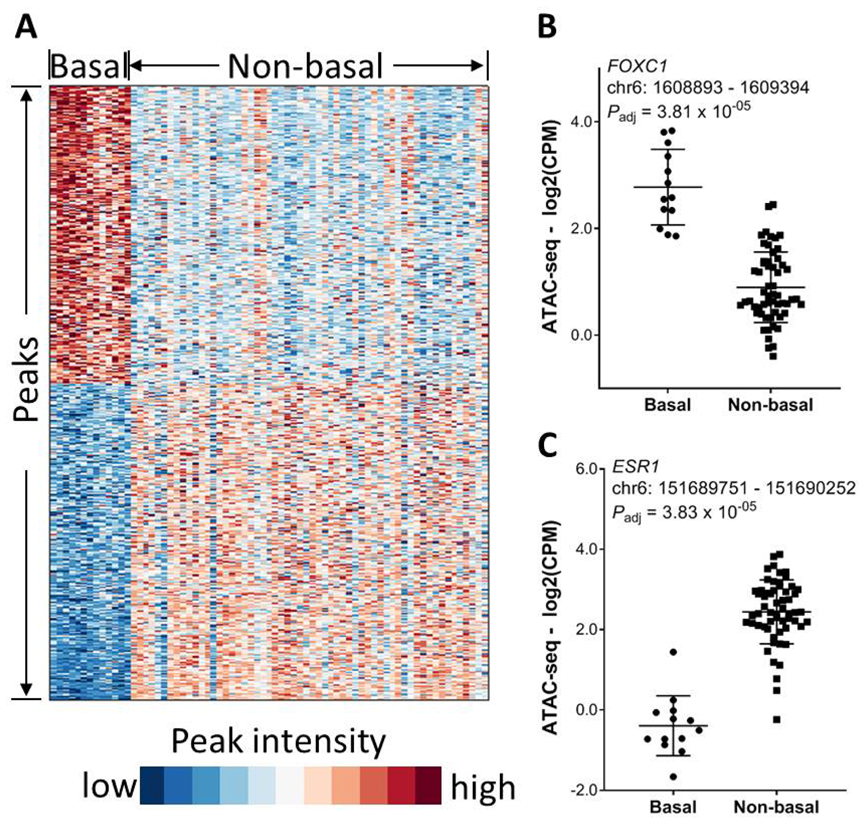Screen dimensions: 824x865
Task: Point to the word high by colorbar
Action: tap(483, 787)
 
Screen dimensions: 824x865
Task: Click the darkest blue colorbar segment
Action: tap(152, 786)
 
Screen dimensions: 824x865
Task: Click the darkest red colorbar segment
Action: tap(428, 786)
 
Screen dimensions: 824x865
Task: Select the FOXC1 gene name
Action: tap(637, 66)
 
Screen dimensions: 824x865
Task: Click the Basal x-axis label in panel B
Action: tap(667, 404)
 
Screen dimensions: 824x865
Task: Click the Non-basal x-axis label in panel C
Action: tap(776, 807)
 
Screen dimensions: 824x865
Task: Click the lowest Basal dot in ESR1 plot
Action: tap(673, 776)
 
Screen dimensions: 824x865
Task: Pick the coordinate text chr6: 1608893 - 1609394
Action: tap(708, 88)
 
